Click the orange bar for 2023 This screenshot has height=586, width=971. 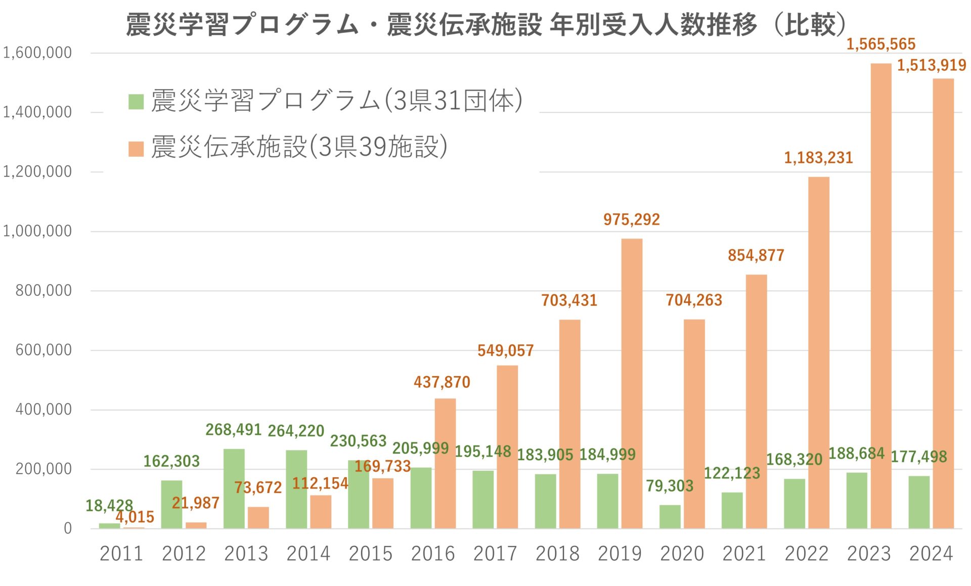point(880,296)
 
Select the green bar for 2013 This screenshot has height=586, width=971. point(234,488)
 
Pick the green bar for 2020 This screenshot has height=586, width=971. point(670,516)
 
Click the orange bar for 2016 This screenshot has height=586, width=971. point(445,463)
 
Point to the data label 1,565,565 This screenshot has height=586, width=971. point(880,44)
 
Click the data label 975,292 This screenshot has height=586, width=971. point(631,219)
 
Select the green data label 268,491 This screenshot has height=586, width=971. point(233,430)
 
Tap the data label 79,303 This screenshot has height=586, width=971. point(669,486)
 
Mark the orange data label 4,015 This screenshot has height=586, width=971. point(135,517)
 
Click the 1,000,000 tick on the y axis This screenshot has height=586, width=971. point(37,231)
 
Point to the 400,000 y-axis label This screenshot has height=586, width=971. point(43,410)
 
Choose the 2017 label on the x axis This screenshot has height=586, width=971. point(495,554)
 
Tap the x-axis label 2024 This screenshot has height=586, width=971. point(931,554)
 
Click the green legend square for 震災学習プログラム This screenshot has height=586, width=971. point(136,102)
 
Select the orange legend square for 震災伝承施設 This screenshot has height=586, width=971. point(136,149)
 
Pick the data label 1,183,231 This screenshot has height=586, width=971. point(818,158)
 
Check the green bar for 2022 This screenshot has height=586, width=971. point(794,504)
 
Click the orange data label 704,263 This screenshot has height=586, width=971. point(693,300)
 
